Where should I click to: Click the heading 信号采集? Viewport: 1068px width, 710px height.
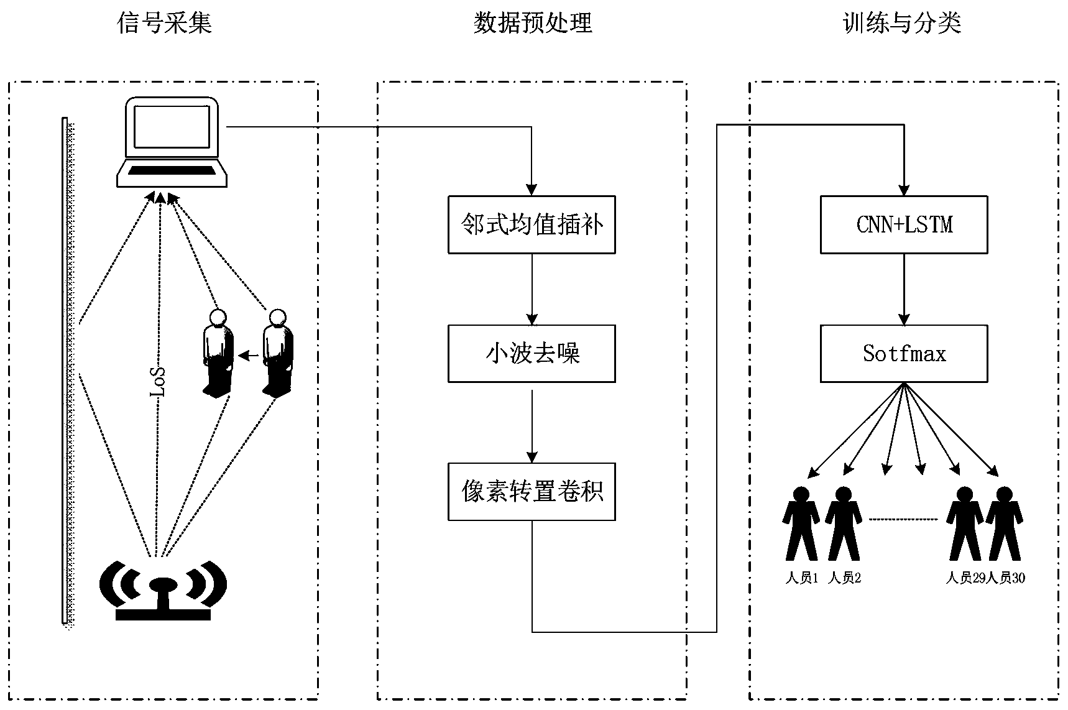point(165,24)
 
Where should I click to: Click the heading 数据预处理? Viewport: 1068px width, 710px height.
point(532,24)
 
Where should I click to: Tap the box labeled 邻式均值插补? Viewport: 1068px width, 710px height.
point(532,224)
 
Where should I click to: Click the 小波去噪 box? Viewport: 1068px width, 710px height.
point(532,353)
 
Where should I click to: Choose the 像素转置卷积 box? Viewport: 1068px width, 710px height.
point(532,491)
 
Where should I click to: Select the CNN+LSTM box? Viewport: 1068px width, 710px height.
point(904,224)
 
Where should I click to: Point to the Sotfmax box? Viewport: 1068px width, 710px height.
point(904,353)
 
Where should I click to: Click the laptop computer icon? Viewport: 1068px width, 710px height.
point(171,142)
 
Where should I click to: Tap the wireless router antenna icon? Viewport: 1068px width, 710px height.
point(163,591)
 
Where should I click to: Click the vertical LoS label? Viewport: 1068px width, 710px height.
point(159,382)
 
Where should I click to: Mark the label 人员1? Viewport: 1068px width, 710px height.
point(801,578)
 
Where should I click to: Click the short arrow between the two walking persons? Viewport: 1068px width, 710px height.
point(249,356)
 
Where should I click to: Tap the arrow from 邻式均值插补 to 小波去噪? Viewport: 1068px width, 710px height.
point(532,289)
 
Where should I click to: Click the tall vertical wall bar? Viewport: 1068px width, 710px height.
point(65,370)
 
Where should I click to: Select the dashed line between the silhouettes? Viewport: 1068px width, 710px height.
point(903,519)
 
